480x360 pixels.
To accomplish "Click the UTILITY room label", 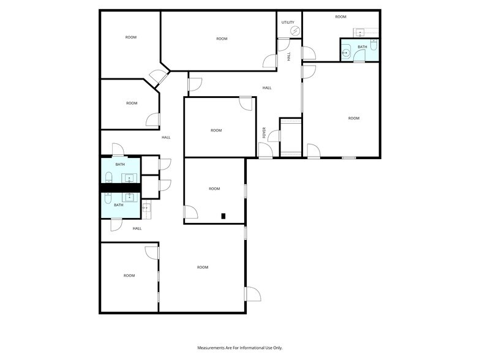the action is point(288,22).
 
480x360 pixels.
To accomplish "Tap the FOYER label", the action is point(264,132).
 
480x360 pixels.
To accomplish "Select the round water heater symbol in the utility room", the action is point(295,31).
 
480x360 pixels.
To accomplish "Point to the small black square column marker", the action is point(223,216).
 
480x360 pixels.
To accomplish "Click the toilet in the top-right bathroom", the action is point(373,45).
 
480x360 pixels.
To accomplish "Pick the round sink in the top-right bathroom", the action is point(345,53).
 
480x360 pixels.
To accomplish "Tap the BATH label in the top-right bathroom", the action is point(362,47).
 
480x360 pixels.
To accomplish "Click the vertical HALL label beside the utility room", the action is point(289,56).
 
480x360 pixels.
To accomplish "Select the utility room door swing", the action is point(284,45).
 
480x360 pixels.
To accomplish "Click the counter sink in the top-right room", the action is point(361,32).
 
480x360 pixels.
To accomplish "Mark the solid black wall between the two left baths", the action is point(121,187).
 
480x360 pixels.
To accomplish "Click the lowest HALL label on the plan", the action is point(137,228).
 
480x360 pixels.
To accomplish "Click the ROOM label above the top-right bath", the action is point(340,17).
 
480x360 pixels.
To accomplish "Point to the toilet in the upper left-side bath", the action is point(109,178).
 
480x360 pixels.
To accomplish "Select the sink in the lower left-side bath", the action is point(130,197).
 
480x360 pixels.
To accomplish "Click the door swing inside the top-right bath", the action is point(359,56).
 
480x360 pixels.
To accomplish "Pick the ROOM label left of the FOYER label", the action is point(216,130).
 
